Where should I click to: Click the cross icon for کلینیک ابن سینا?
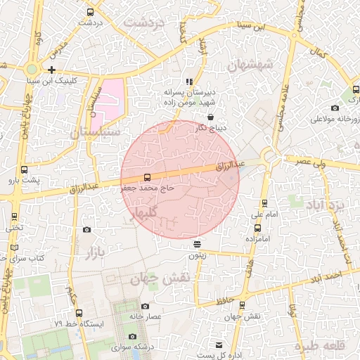(52, 70)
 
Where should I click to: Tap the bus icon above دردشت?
(90, 12)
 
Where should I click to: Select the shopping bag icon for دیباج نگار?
(210, 117)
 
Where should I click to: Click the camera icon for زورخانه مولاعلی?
(335, 108)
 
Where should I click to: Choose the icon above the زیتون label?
(197, 244)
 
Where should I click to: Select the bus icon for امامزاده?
(257, 228)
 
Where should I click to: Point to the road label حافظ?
(224, 302)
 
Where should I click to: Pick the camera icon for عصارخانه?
(145, 306)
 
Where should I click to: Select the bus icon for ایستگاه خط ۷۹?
(79, 313)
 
